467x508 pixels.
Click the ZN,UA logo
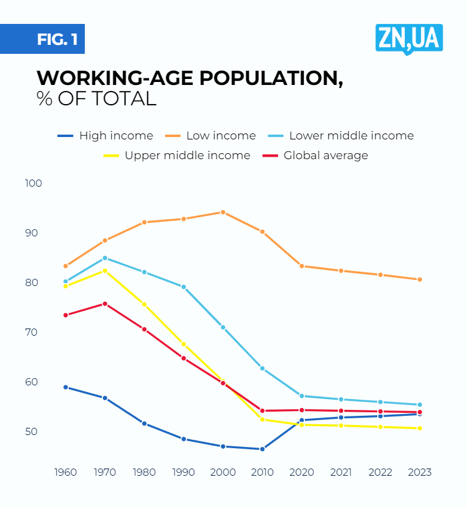click(409, 39)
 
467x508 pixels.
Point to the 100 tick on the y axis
click(34, 183)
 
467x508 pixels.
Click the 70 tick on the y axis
click(34, 332)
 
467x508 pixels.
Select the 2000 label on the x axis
click(223, 472)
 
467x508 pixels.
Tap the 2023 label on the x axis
click(420, 472)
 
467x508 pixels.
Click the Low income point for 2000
click(223, 212)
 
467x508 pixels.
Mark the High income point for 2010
click(262, 449)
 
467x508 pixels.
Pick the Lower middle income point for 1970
click(105, 258)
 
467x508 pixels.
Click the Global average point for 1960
click(66, 315)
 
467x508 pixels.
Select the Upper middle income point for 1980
click(144, 305)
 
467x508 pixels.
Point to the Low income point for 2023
click(420, 279)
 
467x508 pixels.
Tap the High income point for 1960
click(66, 387)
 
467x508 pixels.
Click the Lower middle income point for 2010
click(262, 369)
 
